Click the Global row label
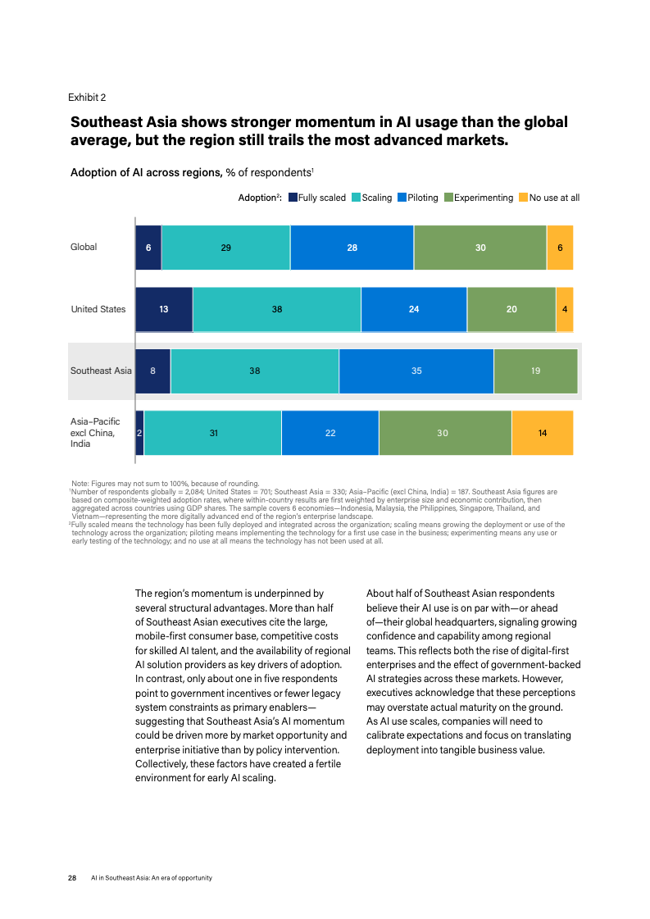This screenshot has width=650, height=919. pyautogui.click(x=84, y=247)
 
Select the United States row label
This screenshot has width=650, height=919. pyautogui.click(x=98, y=309)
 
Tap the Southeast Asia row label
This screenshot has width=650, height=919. pyautogui.click(x=101, y=371)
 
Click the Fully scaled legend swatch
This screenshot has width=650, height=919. pyautogui.click(x=293, y=198)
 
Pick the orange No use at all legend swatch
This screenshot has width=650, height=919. pyautogui.click(x=524, y=198)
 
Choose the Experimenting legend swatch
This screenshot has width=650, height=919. pyautogui.click(x=448, y=198)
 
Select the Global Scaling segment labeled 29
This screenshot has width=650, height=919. pyautogui.click(x=225, y=248)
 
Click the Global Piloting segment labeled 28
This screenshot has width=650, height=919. pyautogui.click(x=352, y=248)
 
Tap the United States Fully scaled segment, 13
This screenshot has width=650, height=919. pyautogui.click(x=164, y=309)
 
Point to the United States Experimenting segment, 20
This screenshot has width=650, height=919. pyautogui.click(x=511, y=309)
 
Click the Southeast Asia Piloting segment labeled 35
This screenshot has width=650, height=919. pyautogui.click(x=416, y=371)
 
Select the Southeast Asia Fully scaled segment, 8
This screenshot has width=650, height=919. pyautogui.click(x=153, y=371)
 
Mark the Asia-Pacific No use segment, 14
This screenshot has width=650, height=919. pyautogui.click(x=543, y=433)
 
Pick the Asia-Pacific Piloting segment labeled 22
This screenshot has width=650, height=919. pyautogui.click(x=330, y=433)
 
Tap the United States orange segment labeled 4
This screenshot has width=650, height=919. pyautogui.click(x=565, y=309)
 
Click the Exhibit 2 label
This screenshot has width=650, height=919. pyautogui.click(x=87, y=98)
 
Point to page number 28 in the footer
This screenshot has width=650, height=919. pyautogui.click(x=72, y=878)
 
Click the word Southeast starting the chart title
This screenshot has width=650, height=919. pyautogui.click(x=107, y=122)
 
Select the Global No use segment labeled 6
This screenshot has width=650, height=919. pyautogui.click(x=561, y=248)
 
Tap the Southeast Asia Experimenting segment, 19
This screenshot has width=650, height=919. pyautogui.click(x=536, y=371)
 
